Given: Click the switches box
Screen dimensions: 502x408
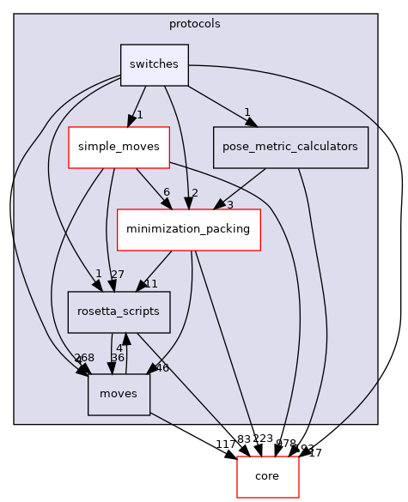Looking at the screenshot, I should click(x=154, y=65).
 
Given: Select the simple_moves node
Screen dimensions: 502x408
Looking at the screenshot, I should click(x=119, y=147).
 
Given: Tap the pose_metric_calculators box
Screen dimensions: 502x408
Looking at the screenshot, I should click(x=290, y=147).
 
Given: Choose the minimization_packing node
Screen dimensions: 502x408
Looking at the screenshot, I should click(x=188, y=229).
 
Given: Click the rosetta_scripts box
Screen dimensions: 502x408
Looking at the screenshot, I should click(x=119, y=311).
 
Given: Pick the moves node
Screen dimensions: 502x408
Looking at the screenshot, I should click(x=119, y=394).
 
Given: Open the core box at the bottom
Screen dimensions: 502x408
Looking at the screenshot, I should click(x=267, y=476).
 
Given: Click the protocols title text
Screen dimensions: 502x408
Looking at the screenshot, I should click(x=195, y=24).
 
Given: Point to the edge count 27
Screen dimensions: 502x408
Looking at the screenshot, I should click(x=119, y=275).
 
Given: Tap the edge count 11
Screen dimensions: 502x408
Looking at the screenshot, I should click(x=150, y=284).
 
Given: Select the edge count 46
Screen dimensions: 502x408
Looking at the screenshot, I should click(x=162, y=367).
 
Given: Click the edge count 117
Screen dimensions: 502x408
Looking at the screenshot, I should click(x=226, y=444).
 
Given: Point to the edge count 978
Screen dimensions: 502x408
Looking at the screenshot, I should click(x=285, y=443).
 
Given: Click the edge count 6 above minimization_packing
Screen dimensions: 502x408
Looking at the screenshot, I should click(x=167, y=192).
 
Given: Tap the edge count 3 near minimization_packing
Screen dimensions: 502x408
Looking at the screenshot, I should click(x=229, y=204).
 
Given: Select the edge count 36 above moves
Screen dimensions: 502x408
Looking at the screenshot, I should click(x=118, y=358).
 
